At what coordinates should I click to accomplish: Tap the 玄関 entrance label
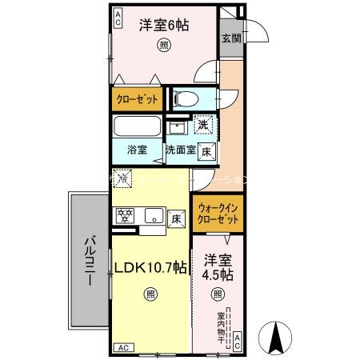click(x=230, y=38)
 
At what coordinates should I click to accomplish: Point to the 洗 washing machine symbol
click(x=204, y=125)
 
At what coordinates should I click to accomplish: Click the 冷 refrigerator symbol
click(x=122, y=179)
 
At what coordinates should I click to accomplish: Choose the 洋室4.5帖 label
click(x=217, y=267)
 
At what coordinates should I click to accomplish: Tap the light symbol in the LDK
click(x=150, y=294)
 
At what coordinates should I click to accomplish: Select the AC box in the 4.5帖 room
click(x=238, y=342)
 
